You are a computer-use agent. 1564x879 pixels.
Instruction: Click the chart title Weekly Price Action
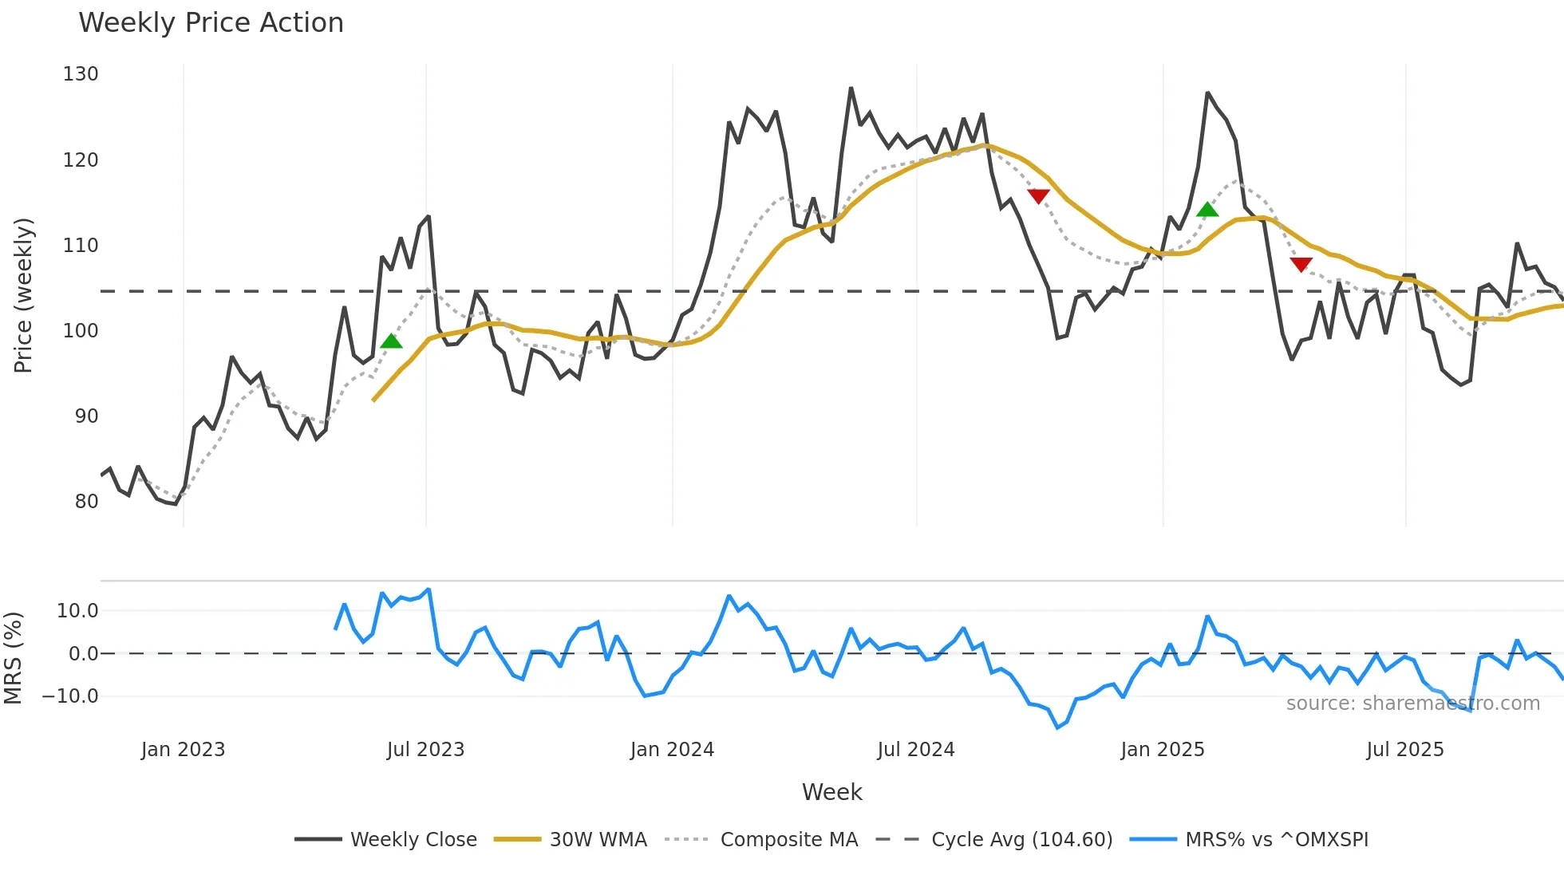[x=211, y=23]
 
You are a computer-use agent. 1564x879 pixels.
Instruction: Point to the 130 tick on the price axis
[x=81, y=74]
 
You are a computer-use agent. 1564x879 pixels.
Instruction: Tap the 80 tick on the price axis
[x=86, y=502]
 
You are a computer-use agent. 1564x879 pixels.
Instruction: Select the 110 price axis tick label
[x=81, y=246]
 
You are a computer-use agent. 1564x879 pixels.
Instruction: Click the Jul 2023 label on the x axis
[x=425, y=750]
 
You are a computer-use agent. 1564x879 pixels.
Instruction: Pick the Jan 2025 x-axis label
[x=1162, y=750]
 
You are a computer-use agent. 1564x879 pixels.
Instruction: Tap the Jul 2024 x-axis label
[x=916, y=750]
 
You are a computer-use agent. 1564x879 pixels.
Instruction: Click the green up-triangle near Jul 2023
[x=391, y=341]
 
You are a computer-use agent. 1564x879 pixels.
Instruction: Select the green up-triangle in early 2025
[x=1207, y=210]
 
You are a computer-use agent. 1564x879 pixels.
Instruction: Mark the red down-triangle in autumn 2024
[x=1038, y=196]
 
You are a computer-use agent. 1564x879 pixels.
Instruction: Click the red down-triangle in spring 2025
[x=1301, y=264]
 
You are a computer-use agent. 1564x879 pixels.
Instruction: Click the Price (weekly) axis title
[x=24, y=295]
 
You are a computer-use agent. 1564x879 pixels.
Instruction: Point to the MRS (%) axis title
[x=13, y=658]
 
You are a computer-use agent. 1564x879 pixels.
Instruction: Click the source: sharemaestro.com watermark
[x=1412, y=704]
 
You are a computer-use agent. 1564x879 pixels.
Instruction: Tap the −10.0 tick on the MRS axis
[x=69, y=696]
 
